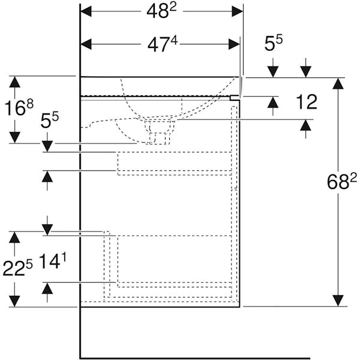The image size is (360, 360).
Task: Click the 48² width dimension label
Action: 162,11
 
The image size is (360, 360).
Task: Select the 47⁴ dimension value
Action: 163,44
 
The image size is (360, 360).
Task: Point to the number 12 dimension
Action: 307,101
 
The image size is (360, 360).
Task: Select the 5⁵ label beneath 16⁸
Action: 49,121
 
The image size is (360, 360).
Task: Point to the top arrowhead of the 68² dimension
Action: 339,83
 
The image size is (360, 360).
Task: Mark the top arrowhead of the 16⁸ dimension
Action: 14,81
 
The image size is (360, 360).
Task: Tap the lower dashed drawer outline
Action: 174,261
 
